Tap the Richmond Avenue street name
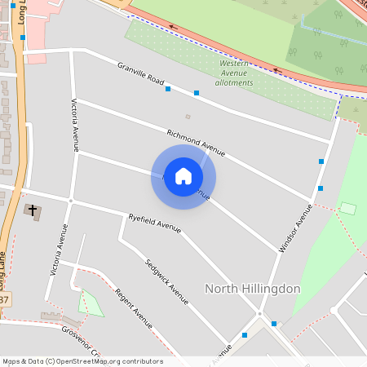click(195, 140)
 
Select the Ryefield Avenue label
click(155, 223)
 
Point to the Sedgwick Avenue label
click(166, 281)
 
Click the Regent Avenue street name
click(134, 307)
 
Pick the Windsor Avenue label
click(296, 228)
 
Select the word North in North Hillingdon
click(223, 289)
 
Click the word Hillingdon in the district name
click(272, 289)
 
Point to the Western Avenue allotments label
click(234, 73)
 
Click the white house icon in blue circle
click(183, 176)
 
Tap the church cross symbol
click(33, 211)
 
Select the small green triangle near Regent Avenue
click(91, 304)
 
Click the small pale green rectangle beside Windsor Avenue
click(348, 209)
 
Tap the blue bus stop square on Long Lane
click(23, 38)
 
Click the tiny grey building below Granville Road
click(188, 116)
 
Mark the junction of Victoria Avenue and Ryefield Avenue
click(72, 200)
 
